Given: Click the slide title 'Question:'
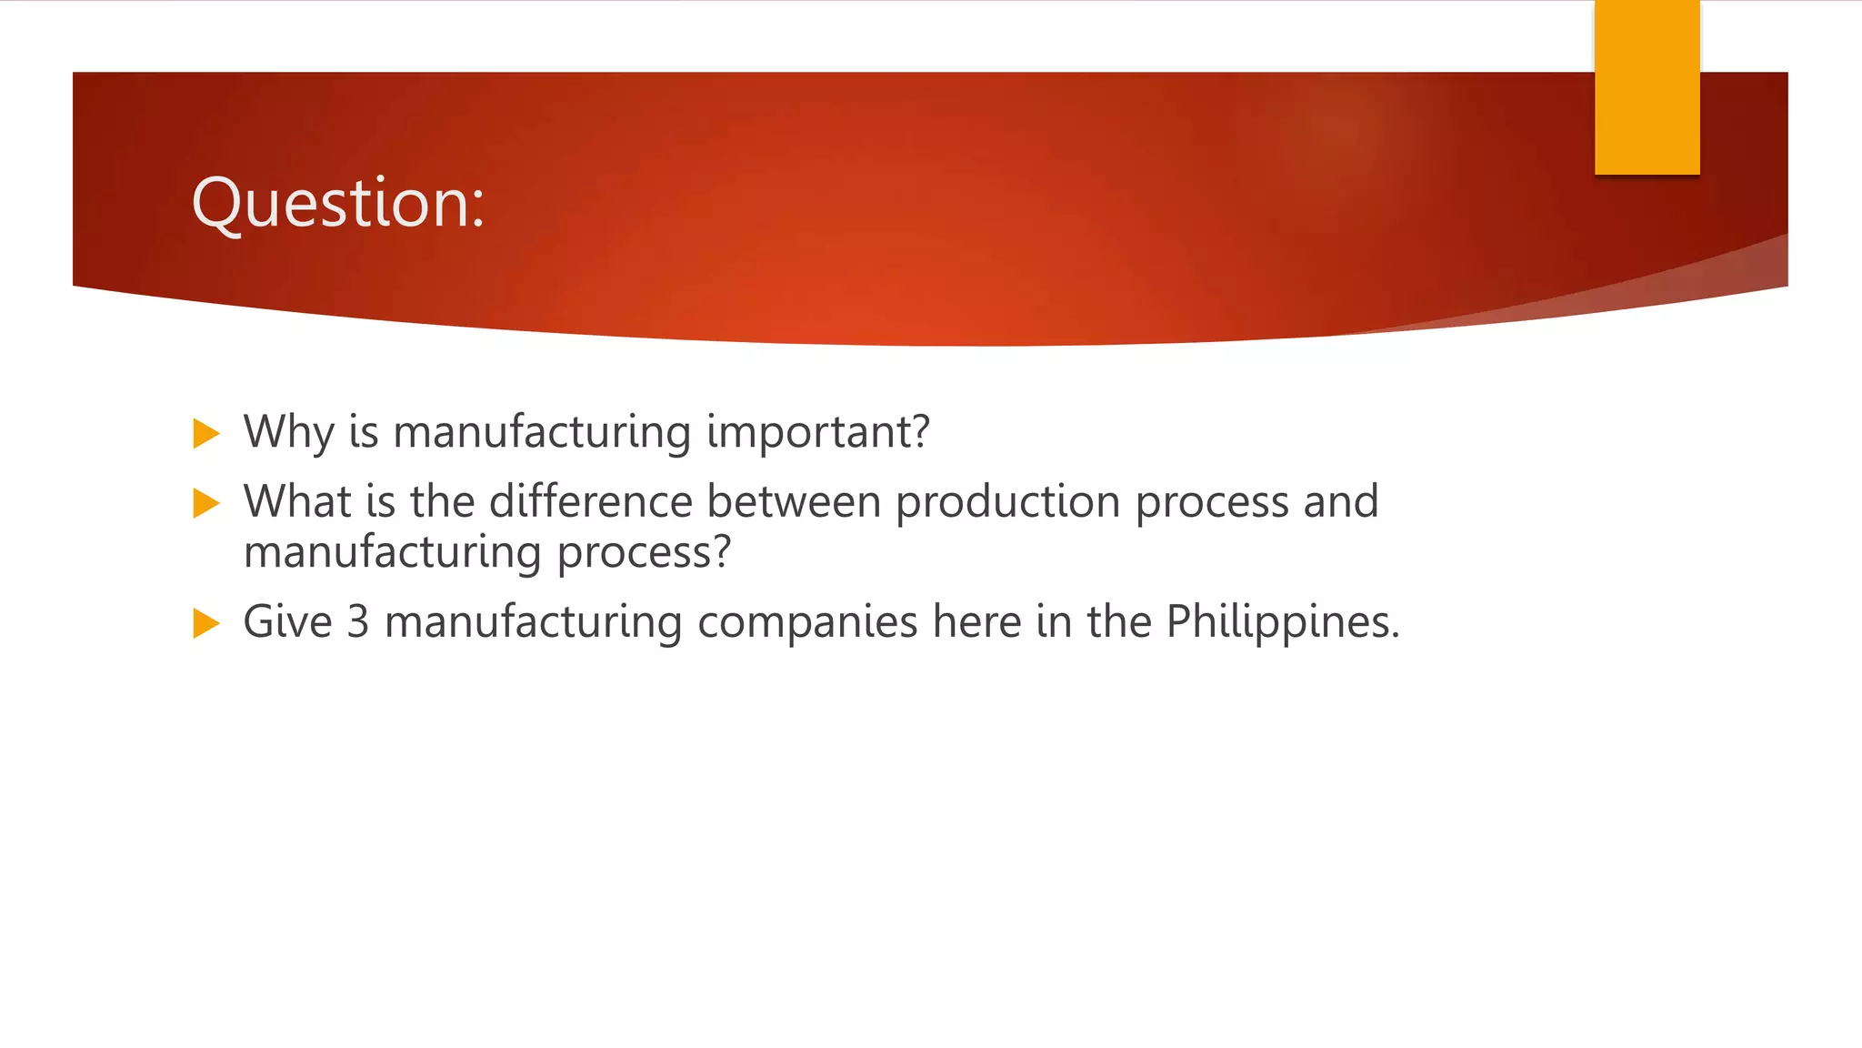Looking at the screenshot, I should (x=338, y=202).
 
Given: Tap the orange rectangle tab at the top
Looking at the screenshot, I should (x=1647, y=87).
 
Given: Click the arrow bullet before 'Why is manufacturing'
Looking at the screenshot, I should (x=206, y=434).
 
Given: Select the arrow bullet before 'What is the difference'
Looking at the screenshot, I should (x=206, y=503).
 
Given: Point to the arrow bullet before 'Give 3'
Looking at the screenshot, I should (x=206, y=624).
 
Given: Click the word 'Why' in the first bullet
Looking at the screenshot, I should (x=288, y=432).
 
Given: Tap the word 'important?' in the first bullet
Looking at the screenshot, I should (x=818, y=432).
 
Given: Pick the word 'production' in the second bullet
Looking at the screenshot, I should (x=1007, y=503).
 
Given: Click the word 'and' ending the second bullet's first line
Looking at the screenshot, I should (x=1341, y=501).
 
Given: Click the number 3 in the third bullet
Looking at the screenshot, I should (x=358, y=622).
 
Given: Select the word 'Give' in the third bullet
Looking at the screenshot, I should (x=288, y=622).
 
